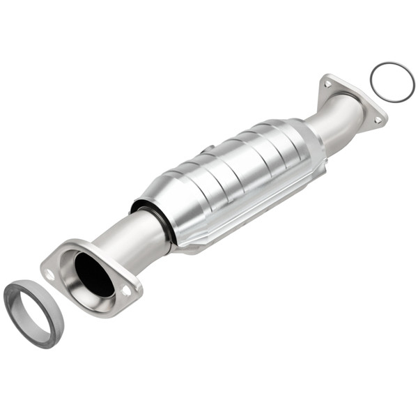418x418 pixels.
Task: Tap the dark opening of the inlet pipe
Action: [93, 275]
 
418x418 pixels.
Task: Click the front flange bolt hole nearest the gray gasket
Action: [49, 274]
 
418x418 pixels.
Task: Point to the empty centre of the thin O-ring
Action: [392, 82]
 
